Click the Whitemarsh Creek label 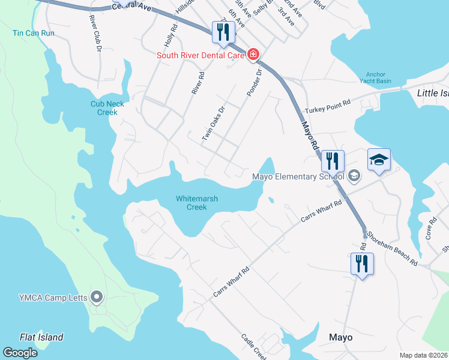tap(197, 203)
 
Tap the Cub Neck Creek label tap(107, 108)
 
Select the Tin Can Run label tap(34, 33)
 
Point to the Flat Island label tap(41, 337)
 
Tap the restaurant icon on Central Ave tap(223, 32)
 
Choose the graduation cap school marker tap(379, 160)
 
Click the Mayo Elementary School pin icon tap(354, 176)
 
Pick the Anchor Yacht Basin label tap(376, 78)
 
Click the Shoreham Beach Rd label tap(393, 248)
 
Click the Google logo tap(20, 352)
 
